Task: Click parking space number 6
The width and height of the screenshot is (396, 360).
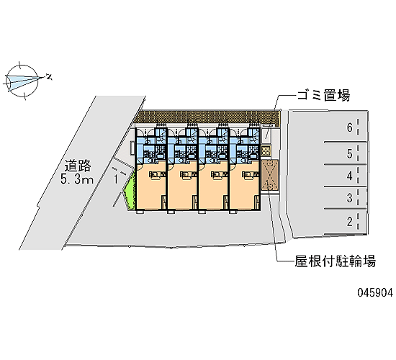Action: (349, 127)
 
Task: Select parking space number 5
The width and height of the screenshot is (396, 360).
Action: (349, 154)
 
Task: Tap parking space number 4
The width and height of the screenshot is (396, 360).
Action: (349, 176)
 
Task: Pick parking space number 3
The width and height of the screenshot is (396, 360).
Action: (349, 198)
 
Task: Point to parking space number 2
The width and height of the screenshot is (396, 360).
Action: (349, 222)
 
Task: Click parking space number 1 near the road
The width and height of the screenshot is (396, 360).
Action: (116, 179)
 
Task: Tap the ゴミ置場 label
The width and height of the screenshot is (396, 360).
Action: (323, 96)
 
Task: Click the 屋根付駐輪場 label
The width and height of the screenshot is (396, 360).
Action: (335, 261)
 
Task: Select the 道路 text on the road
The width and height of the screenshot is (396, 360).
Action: (78, 166)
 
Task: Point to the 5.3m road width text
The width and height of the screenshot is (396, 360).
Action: (77, 179)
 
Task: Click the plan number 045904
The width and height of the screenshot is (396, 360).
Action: (375, 292)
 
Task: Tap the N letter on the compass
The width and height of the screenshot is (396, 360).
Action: (49, 77)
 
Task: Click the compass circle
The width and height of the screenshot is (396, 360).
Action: (22, 81)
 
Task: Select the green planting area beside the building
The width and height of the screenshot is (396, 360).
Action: (130, 188)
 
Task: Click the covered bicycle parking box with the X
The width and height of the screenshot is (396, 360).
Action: (270, 174)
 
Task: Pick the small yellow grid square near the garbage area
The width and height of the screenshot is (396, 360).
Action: (266, 150)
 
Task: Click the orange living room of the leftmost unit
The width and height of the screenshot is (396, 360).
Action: (151, 186)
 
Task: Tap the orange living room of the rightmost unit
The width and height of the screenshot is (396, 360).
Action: (245, 186)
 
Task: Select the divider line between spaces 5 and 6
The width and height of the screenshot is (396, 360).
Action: (345, 143)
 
